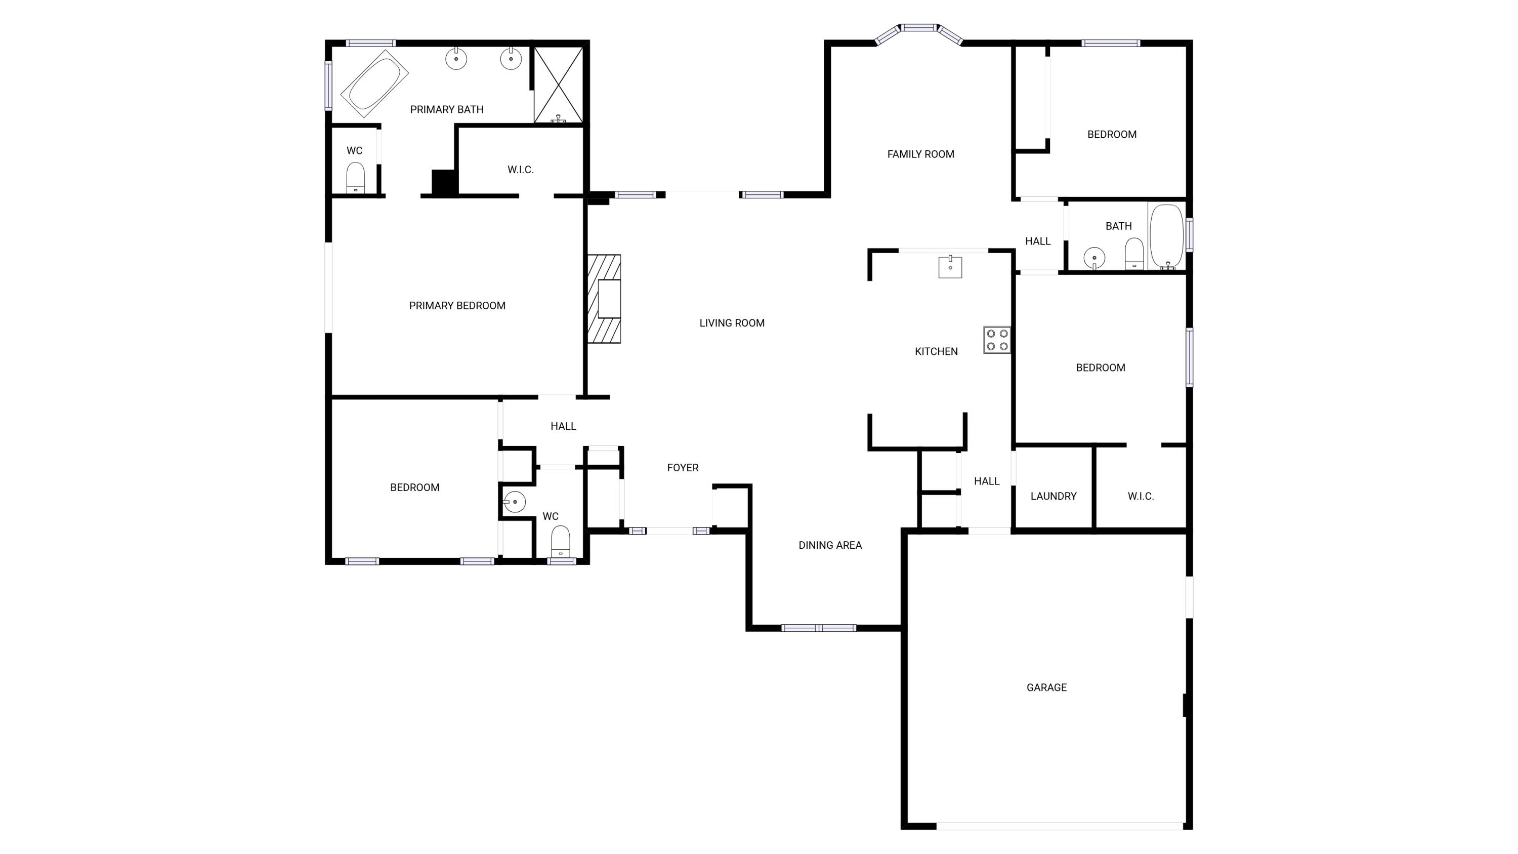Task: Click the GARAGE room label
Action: [1046, 687]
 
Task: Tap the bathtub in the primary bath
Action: [375, 84]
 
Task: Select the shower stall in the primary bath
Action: [558, 85]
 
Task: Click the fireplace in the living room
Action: [605, 299]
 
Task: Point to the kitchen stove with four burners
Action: [996, 340]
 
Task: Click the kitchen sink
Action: [950, 266]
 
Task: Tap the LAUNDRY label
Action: [1053, 496]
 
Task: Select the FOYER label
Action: [683, 467]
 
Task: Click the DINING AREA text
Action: [830, 545]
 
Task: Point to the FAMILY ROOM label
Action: [920, 154]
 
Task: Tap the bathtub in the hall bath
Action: [1166, 235]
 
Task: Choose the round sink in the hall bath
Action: [1093, 258]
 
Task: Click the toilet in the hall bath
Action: [1134, 254]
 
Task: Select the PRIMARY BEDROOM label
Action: [457, 306]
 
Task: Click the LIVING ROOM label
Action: [731, 323]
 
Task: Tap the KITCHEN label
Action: [936, 352]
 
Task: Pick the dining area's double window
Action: [819, 628]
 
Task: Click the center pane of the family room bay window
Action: [919, 27]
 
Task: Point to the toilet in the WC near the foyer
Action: [561, 541]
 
